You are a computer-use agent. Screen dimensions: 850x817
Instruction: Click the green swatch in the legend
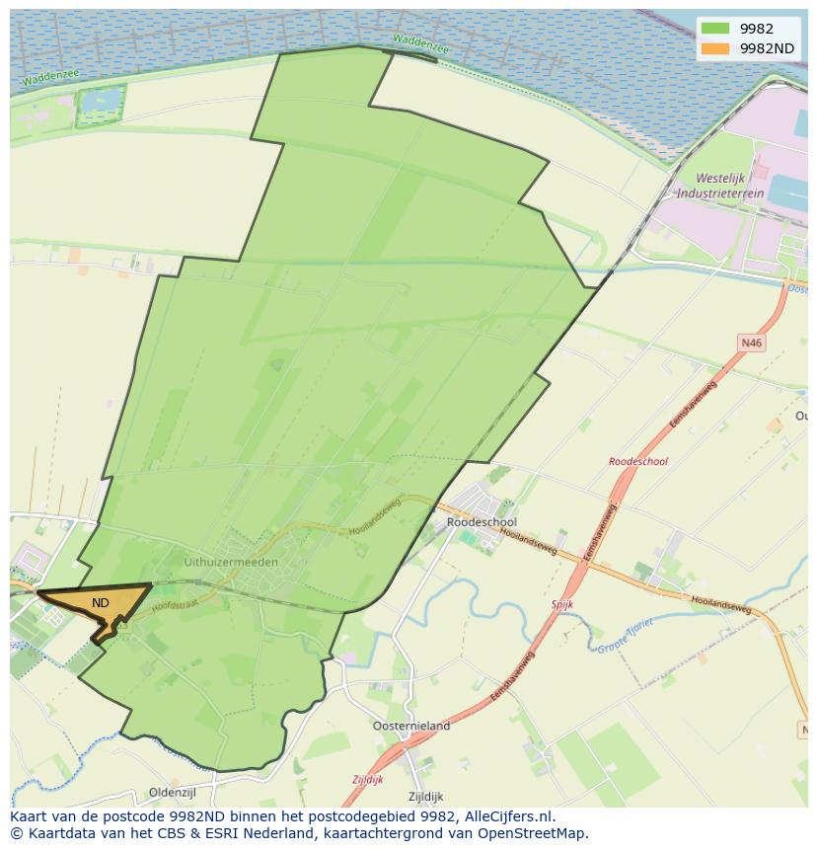click(x=715, y=29)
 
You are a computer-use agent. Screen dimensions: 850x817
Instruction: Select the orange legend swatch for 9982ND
click(x=715, y=48)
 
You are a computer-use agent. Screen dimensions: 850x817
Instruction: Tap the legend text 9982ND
click(x=768, y=48)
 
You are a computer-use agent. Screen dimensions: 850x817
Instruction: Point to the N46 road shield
click(x=752, y=343)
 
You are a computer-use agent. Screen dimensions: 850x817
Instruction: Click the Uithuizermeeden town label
click(x=231, y=562)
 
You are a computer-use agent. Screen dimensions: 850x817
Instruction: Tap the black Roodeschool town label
click(x=482, y=521)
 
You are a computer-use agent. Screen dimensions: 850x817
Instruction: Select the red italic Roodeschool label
click(x=638, y=461)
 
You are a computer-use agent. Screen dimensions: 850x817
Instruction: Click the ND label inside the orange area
click(x=101, y=602)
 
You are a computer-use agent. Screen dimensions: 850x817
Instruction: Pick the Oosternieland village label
click(x=411, y=726)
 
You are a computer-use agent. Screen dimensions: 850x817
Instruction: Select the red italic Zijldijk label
click(x=368, y=779)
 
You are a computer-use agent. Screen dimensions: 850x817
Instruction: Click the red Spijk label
click(x=562, y=603)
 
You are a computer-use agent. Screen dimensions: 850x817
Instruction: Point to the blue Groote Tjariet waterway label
click(x=625, y=637)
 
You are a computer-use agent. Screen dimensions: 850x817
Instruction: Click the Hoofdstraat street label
click(x=176, y=597)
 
